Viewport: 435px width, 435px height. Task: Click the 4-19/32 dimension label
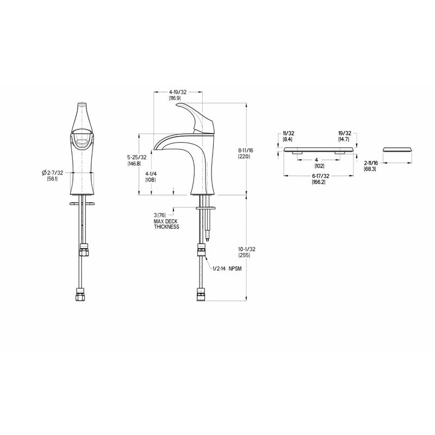(x=178, y=92)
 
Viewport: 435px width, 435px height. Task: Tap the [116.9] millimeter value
(x=175, y=98)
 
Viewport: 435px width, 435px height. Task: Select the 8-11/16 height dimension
(x=246, y=151)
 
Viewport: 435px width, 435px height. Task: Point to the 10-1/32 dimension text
(x=247, y=250)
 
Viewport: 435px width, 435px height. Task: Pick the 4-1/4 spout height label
(x=151, y=174)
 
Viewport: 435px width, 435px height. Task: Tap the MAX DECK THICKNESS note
(x=166, y=224)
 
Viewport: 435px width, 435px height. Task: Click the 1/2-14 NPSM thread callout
(x=227, y=269)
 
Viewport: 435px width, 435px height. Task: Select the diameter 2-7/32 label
(x=52, y=173)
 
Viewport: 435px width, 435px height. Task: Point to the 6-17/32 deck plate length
(x=320, y=176)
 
